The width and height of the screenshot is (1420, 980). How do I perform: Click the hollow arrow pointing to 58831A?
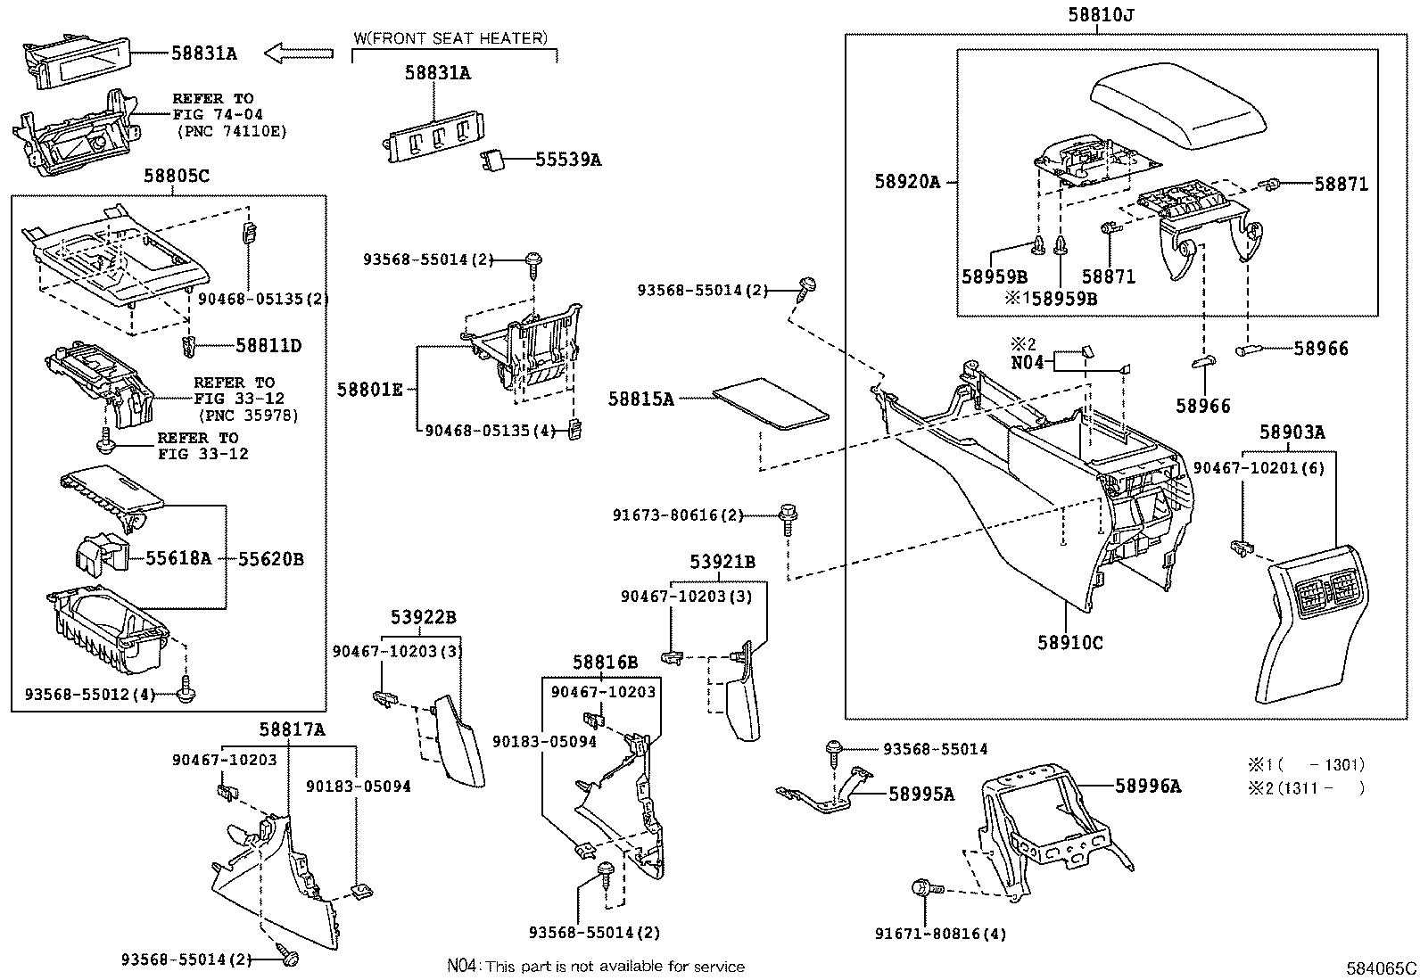point(298,54)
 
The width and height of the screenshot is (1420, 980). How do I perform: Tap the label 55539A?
point(568,160)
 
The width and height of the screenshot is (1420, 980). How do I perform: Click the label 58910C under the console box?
point(1069,641)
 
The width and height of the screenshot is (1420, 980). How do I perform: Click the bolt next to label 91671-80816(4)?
point(922,887)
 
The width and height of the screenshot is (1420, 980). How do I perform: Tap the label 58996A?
point(1147,786)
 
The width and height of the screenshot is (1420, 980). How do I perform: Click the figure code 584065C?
point(1382,968)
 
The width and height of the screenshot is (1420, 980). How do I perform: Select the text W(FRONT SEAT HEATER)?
point(450,38)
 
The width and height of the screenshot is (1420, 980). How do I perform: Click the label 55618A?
point(178,559)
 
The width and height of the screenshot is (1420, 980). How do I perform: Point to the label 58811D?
point(268,345)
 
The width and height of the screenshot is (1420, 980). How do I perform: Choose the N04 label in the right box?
point(1027,363)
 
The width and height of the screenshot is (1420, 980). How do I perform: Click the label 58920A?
point(907,182)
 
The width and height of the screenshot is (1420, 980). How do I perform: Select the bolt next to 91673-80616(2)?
point(788,515)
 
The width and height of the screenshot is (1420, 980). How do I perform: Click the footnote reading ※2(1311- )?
point(1306,787)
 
